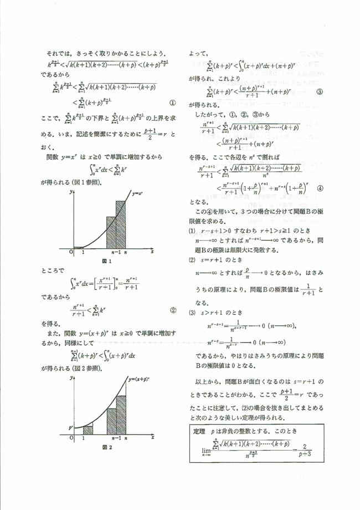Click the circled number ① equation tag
[172, 102]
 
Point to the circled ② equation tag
[173, 310]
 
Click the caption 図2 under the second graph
[105, 447]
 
